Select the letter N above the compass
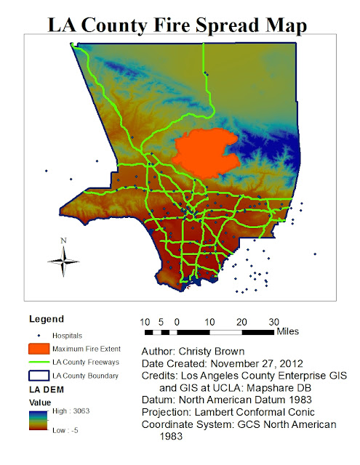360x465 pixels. point(64,240)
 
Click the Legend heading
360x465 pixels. point(46,318)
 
